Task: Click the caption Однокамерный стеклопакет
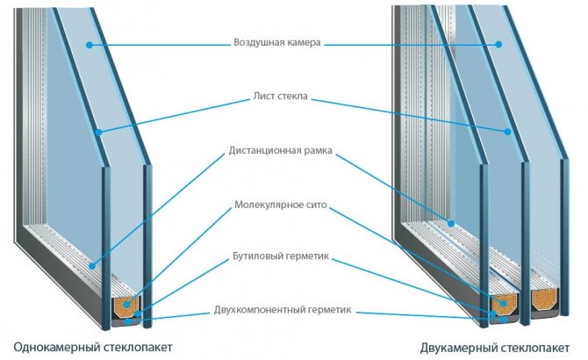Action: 92,345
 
